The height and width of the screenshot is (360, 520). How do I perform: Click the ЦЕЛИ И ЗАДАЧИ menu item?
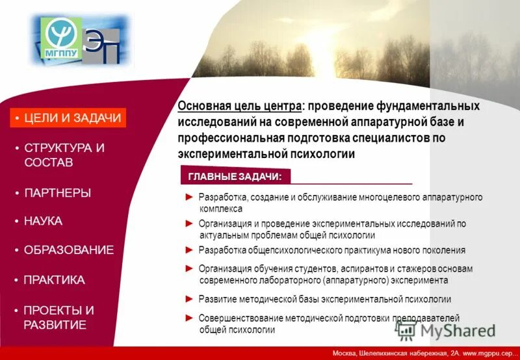[68, 118]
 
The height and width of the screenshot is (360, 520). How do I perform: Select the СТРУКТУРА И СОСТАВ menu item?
[64, 155]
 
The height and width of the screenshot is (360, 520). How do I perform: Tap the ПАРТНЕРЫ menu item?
[57, 193]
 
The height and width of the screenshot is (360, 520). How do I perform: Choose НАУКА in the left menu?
[43, 222]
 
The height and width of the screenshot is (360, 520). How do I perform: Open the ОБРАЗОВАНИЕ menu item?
[68, 250]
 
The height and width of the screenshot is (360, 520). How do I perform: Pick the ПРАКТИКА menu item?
[54, 280]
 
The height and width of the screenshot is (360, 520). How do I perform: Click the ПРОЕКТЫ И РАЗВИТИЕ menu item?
[58, 317]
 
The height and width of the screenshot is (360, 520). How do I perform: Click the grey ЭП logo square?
[102, 47]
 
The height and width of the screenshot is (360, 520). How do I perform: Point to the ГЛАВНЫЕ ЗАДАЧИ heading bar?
[234, 177]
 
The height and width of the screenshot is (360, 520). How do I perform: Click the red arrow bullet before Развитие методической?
[189, 298]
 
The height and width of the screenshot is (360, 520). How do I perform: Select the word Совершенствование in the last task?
[240, 318]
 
